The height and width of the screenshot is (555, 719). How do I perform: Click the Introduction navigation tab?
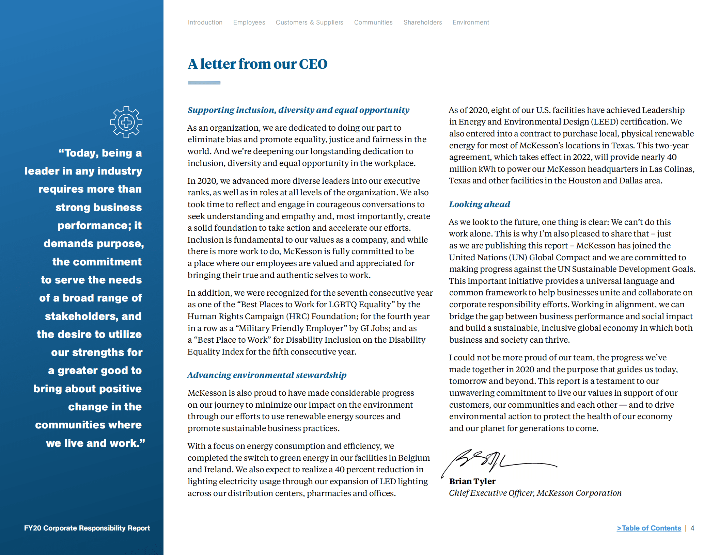[205, 22]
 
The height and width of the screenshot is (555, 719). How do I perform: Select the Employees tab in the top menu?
[249, 22]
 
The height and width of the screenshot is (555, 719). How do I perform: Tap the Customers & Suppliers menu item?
[309, 22]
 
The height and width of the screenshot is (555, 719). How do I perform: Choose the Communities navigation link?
[373, 22]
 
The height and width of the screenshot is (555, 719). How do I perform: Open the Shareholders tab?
[423, 22]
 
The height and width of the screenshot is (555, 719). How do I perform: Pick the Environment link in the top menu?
[471, 22]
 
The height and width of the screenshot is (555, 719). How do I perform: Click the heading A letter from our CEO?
[257, 64]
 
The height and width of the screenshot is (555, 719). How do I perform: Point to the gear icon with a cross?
[126, 122]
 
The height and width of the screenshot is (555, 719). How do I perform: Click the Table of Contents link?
[649, 528]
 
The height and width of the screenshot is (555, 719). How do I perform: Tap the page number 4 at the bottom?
[692, 528]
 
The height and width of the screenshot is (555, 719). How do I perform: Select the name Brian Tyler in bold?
[472, 481]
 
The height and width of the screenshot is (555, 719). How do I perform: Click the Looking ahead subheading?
[479, 204]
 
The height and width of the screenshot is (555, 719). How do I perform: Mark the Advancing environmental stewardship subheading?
[267, 375]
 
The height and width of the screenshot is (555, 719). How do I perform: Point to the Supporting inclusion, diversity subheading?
[298, 110]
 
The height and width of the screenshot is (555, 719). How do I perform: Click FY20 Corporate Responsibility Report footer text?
[87, 528]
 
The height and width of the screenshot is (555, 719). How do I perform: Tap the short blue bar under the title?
[204, 83]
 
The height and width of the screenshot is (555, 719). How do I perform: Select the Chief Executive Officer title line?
[535, 493]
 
